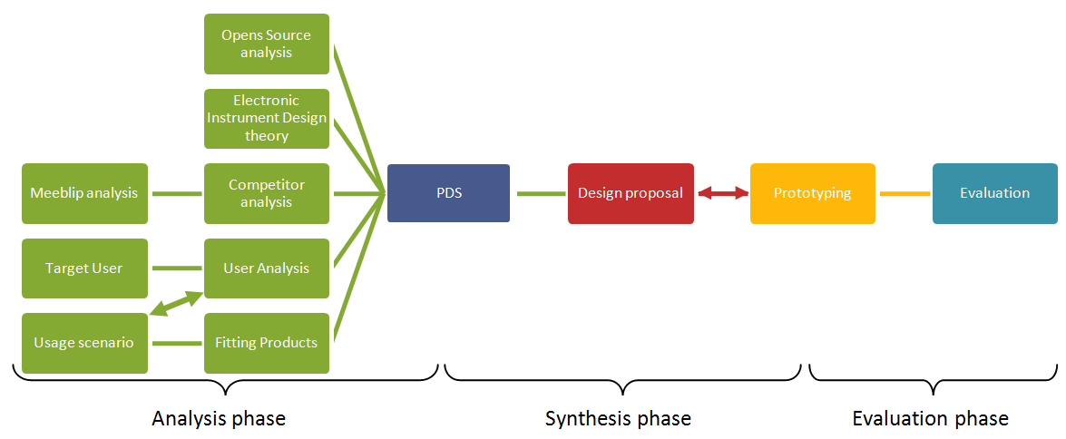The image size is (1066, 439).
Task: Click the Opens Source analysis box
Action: (x=267, y=44)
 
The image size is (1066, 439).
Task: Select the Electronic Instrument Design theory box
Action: (x=267, y=118)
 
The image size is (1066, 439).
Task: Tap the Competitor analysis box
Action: (x=267, y=193)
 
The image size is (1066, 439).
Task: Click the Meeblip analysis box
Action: (x=84, y=193)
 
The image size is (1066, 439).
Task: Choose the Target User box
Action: (x=84, y=268)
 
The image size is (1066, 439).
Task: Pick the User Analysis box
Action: (x=267, y=268)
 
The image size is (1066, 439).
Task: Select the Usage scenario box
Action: (x=84, y=343)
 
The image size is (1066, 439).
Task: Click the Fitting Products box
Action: (x=267, y=343)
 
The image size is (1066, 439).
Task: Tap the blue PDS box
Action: (x=448, y=193)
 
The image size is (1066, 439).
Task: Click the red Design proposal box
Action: (x=631, y=193)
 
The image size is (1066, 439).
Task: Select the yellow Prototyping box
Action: (x=812, y=193)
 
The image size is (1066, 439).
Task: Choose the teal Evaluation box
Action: (x=994, y=193)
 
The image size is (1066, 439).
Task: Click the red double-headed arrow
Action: (x=722, y=193)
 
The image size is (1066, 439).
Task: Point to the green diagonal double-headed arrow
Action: (x=176, y=305)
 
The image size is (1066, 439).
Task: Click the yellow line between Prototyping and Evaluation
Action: (x=905, y=193)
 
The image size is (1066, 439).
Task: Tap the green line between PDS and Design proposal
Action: (x=541, y=193)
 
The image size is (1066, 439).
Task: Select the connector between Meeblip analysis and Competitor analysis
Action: (x=176, y=193)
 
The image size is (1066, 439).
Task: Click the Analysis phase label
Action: (x=219, y=418)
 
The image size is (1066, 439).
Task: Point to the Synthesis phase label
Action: (x=618, y=418)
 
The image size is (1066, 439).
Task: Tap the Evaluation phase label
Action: (x=930, y=418)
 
